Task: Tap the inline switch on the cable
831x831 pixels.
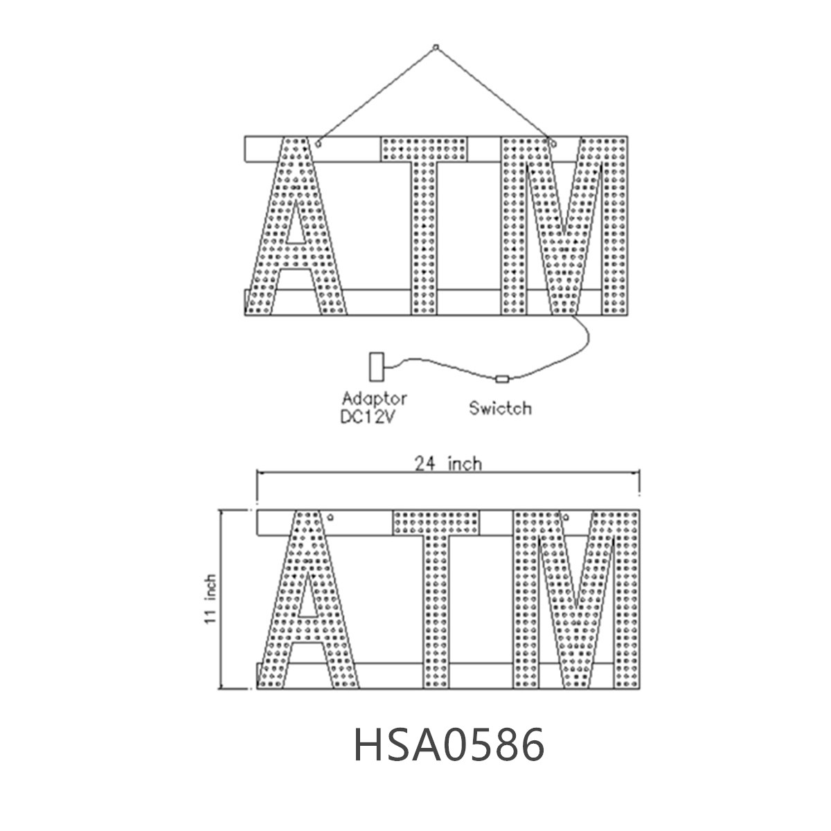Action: click(503, 379)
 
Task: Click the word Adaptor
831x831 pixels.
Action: click(375, 398)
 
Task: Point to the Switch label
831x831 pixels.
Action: click(500, 408)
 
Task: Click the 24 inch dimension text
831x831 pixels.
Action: click(448, 463)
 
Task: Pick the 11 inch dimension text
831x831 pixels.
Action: click(212, 600)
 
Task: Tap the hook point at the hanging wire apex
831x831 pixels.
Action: click(436, 47)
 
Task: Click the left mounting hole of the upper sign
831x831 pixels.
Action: click(318, 143)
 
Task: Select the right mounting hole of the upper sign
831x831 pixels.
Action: click(552, 143)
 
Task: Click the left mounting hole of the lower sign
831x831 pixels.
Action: click(331, 517)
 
